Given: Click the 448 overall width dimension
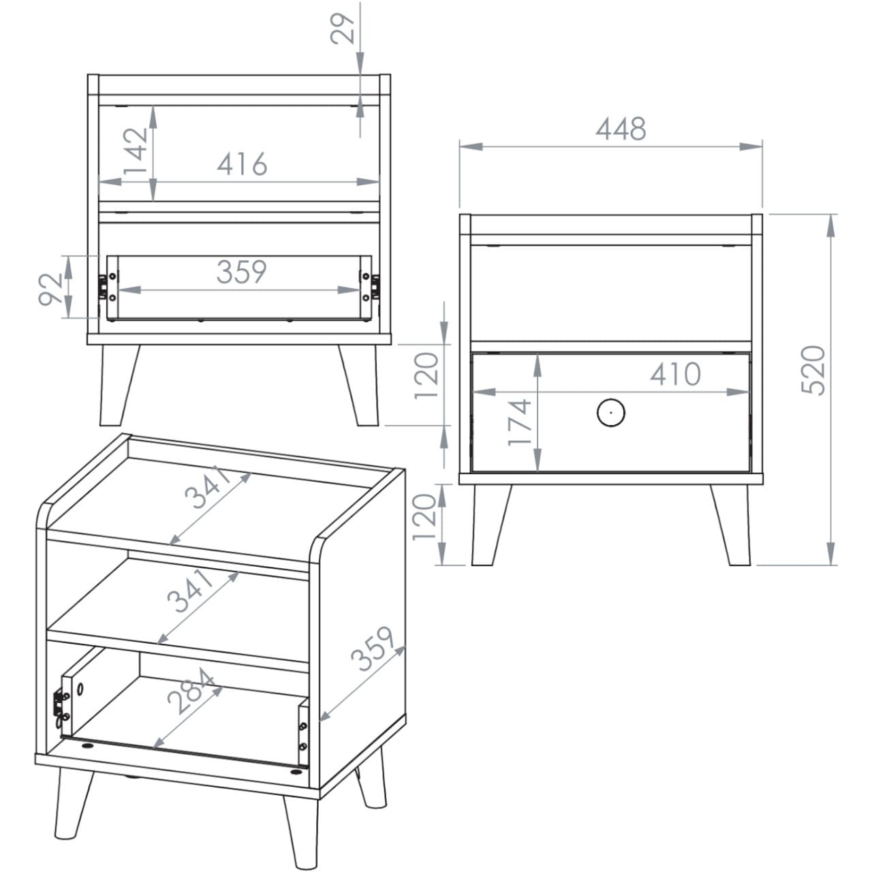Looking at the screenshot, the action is click(x=621, y=129).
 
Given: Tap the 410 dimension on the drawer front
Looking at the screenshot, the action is click(x=676, y=374).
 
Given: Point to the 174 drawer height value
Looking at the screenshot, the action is click(x=520, y=422).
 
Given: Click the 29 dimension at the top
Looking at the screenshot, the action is click(x=342, y=29).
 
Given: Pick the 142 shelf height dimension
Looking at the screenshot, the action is click(x=135, y=151).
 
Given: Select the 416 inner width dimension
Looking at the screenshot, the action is click(x=242, y=163).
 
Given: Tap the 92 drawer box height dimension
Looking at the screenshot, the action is click(x=50, y=290).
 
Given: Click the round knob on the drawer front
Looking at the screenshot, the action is click(x=611, y=413).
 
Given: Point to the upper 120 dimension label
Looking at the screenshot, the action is click(x=426, y=375).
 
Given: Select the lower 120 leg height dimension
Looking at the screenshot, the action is click(x=424, y=517).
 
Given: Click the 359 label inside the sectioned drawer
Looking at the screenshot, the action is click(x=242, y=272).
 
